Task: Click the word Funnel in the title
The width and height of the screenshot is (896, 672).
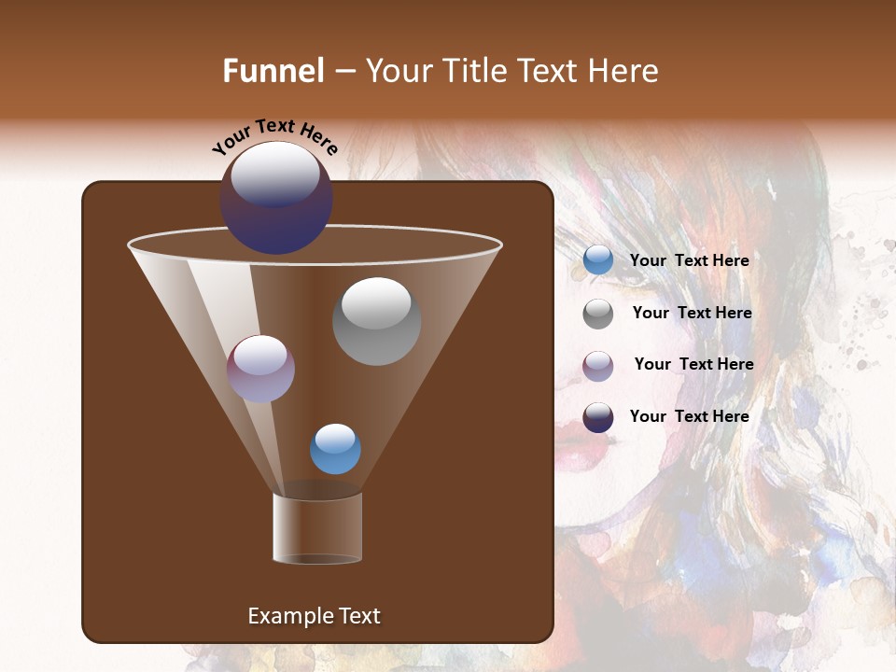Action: click(273, 71)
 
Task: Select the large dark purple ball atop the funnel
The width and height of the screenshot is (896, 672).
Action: click(276, 198)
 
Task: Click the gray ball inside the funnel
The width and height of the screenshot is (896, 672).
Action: click(376, 321)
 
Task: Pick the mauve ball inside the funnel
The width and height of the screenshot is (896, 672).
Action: click(260, 369)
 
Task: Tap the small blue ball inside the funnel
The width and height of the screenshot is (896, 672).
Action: click(335, 449)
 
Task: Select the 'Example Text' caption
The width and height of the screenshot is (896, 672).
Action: click(314, 616)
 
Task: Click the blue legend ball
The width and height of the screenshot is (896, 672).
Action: click(598, 260)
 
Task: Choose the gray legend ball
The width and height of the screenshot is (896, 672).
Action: click(598, 314)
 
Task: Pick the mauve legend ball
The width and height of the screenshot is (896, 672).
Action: click(598, 365)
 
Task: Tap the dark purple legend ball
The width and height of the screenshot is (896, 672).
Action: click(598, 417)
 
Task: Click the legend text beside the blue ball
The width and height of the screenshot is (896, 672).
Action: click(689, 261)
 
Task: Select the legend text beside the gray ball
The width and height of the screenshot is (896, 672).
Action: click(692, 314)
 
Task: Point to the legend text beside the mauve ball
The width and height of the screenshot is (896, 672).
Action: click(693, 365)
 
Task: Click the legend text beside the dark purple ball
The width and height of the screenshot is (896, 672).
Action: click(689, 416)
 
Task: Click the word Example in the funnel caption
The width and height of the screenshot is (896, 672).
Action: click(287, 616)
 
